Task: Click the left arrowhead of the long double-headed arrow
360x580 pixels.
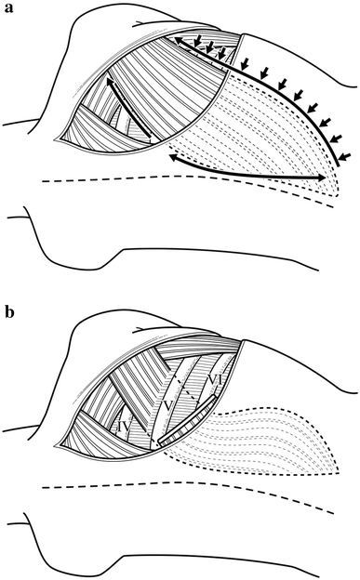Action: tap(171, 159)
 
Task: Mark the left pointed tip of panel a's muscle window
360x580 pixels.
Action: tap(58, 141)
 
